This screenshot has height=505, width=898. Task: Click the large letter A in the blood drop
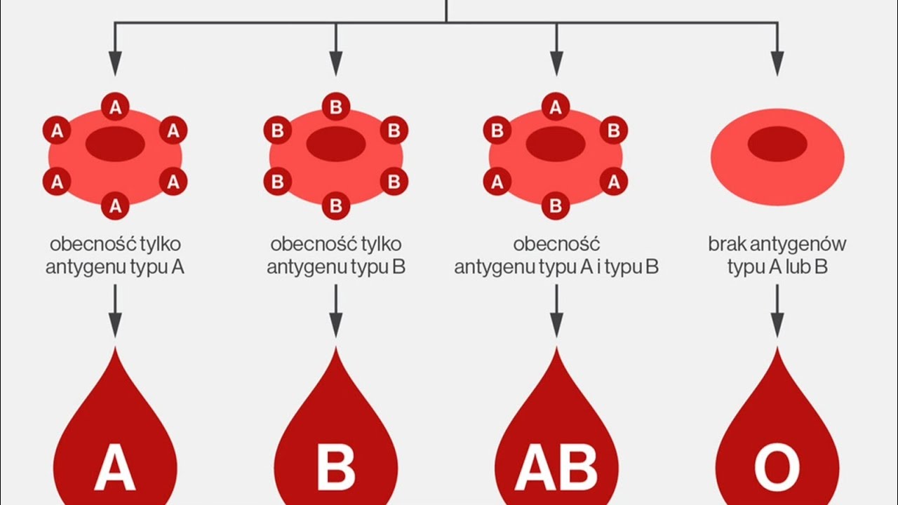tap(115, 467)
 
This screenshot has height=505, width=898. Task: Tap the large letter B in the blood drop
tap(336, 467)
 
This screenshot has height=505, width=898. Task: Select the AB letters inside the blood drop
tap(556, 467)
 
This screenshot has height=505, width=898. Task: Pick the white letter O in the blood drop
tap(777, 467)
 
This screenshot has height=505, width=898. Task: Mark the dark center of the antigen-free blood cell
tap(777, 144)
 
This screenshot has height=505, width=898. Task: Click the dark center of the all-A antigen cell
tap(115, 144)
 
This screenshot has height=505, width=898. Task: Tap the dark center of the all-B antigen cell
tap(336, 144)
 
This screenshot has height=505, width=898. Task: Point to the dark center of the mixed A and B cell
tap(556, 144)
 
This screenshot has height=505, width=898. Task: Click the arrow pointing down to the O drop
tap(777, 311)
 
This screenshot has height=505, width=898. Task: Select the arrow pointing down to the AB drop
tap(556, 311)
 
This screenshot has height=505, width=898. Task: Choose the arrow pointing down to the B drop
tap(336, 311)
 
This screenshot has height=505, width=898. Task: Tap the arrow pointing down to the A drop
tap(115, 311)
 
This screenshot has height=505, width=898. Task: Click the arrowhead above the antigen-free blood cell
tap(777, 64)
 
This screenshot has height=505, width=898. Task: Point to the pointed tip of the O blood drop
tap(777, 348)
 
